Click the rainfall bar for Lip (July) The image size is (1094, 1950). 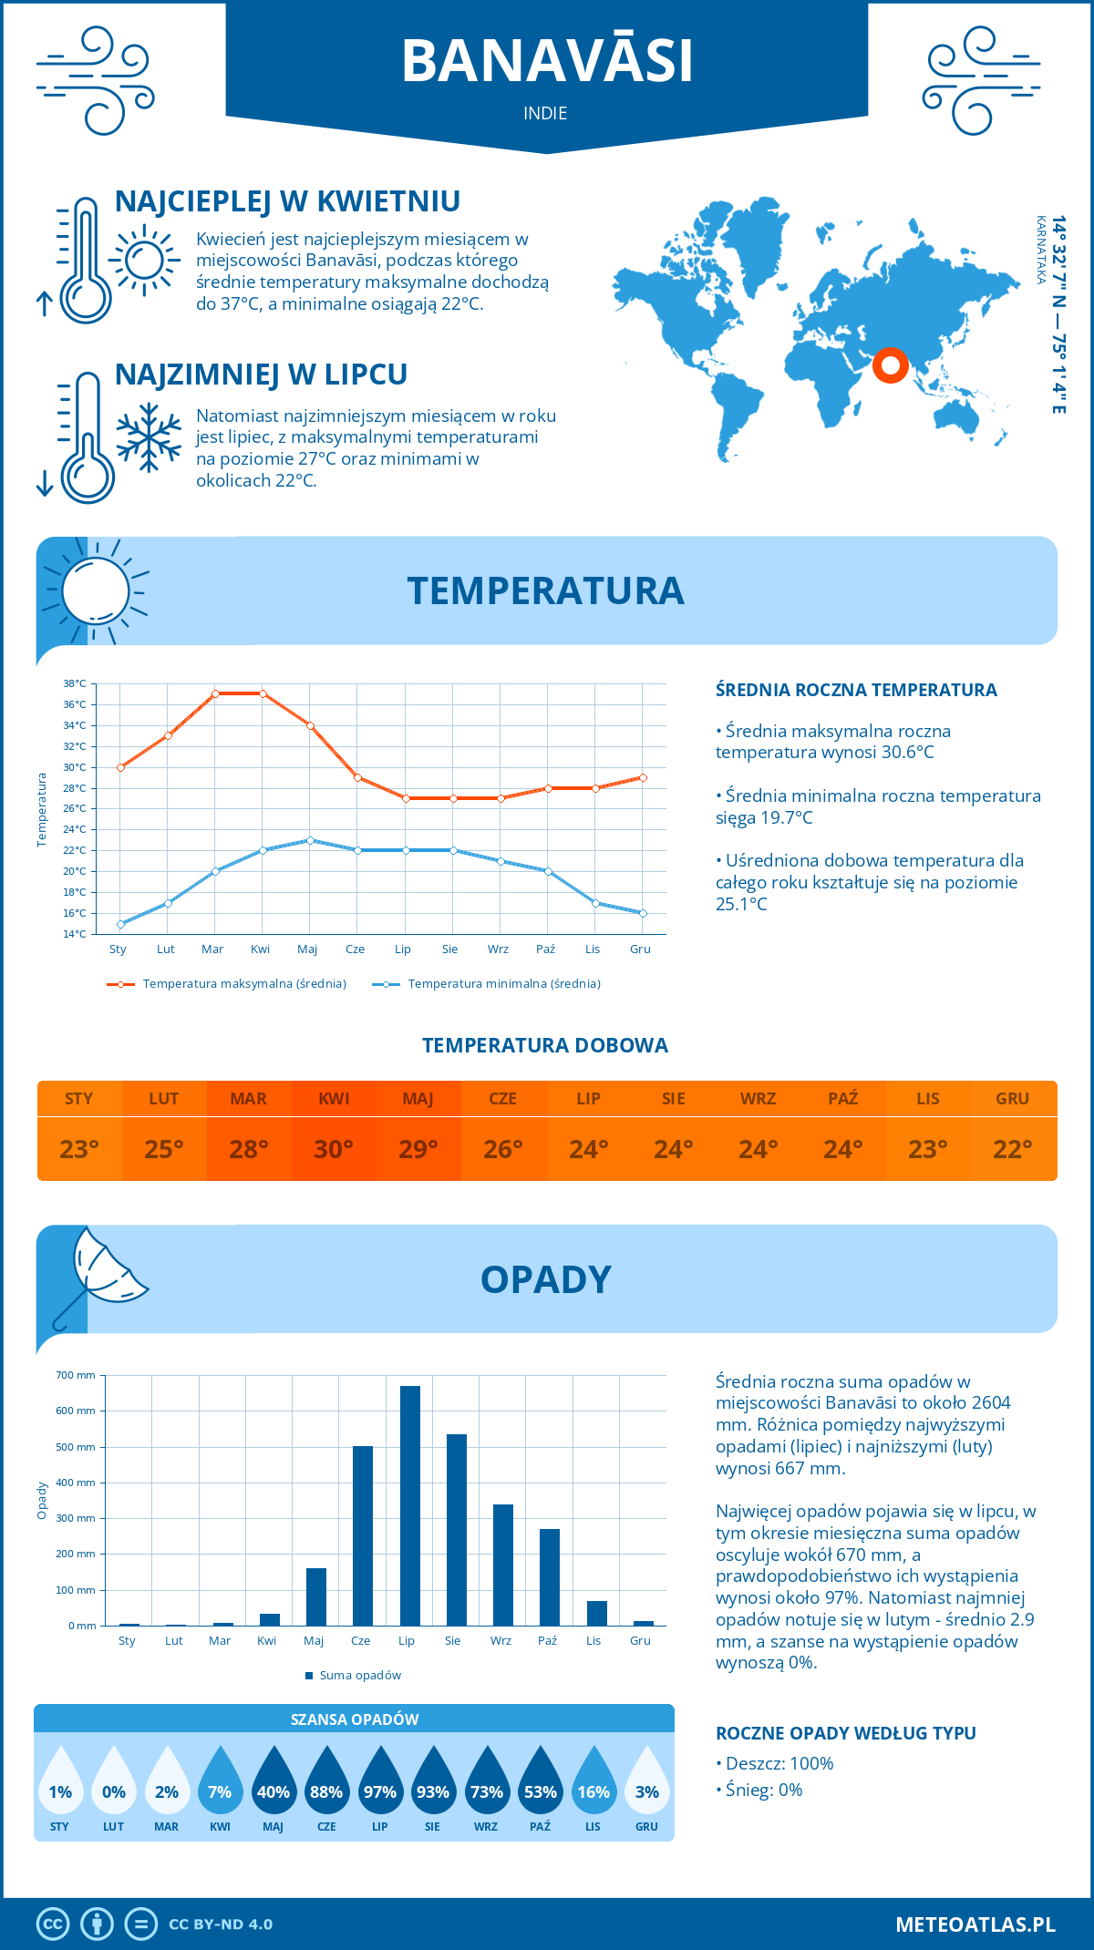pos(410,1505)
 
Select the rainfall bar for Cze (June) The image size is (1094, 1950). pos(363,1535)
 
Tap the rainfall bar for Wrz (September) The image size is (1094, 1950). pos(503,1565)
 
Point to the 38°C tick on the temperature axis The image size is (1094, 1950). pos(75,683)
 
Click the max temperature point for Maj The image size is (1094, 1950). pos(310,725)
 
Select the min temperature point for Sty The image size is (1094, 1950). pos(120,924)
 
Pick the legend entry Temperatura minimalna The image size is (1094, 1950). pos(487,984)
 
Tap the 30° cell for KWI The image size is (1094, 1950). pos(334,1149)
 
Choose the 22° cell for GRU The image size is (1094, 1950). pos(1012,1149)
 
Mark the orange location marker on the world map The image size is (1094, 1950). pos(890,365)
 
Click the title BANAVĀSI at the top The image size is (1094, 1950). pos(547,61)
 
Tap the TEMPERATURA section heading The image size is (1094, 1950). pos(545,590)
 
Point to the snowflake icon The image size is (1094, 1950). pos(149,437)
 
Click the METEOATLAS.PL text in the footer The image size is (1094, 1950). pos(975,1924)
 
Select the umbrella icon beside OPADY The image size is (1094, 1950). pos(98,1274)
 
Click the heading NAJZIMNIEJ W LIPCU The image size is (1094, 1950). pos(261,375)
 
